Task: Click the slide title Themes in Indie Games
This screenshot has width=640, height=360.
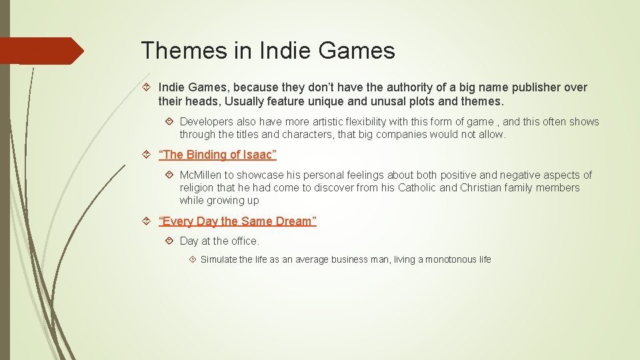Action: (268, 51)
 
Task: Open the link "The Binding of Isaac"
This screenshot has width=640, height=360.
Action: (217, 155)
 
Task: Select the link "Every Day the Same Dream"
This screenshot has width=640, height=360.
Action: (237, 221)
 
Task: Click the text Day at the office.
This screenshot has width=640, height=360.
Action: (219, 241)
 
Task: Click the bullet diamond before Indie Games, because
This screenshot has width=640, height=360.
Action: (148, 87)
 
